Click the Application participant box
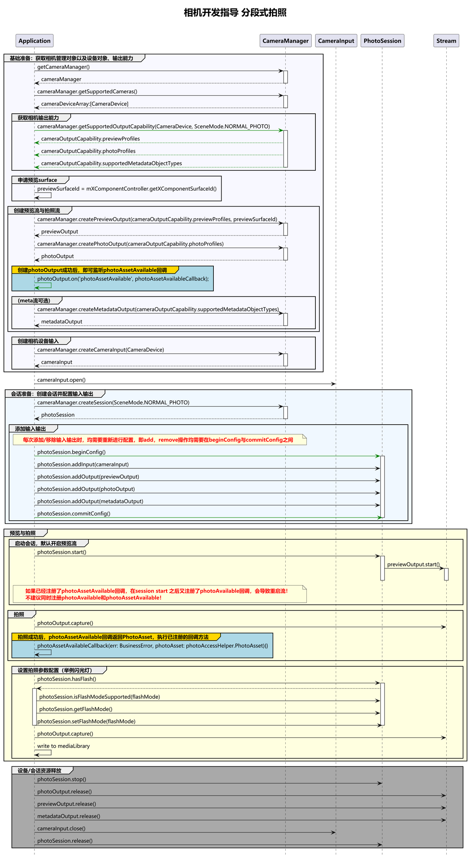click(x=34, y=41)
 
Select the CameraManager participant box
click(x=285, y=41)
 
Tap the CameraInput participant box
click(x=336, y=41)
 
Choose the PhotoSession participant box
click(x=382, y=41)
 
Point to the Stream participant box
click(x=446, y=41)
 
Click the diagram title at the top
click(x=235, y=12)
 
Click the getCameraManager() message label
click(x=63, y=67)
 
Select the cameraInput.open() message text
click(x=61, y=380)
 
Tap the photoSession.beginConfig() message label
click(x=72, y=452)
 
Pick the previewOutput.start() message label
click(x=413, y=564)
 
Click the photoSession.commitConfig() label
click(x=74, y=513)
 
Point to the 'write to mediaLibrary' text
click(x=63, y=746)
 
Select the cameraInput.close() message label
click(x=61, y=828)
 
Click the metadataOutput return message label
click(x=62, y=321)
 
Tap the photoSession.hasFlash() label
click(x=67, y=679)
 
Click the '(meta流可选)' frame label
click(x=34, y=300)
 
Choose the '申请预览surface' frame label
click(x=37, y=180)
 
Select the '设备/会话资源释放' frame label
click(x=39, y=770)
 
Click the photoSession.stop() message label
click(x=62, y=779)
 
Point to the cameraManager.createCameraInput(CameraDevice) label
click(x=100, y=350)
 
